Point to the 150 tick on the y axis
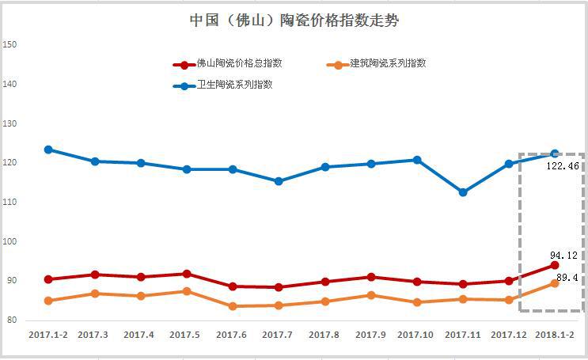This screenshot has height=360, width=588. pos(10,45)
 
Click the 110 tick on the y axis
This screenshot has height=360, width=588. pos(10,203)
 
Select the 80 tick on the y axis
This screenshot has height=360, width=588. pos(13,320)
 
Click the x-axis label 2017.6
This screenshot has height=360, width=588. pos(232,335)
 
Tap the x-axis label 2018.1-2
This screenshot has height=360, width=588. pos(556,335)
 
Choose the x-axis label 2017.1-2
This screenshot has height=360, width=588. pos(48,335)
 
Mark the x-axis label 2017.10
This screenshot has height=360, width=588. pos(416,335)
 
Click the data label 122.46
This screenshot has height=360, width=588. pos(563,167)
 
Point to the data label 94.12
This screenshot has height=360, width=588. pos(563,256)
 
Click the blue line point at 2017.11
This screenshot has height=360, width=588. pos(463,192)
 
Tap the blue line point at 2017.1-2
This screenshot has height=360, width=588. pos(48,150)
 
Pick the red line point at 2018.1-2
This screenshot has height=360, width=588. pos(555,265)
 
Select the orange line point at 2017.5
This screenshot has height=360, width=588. pos(187,291)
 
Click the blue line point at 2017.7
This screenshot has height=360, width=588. pos(279,181)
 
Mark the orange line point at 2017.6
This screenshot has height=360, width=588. pos(233,306)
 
